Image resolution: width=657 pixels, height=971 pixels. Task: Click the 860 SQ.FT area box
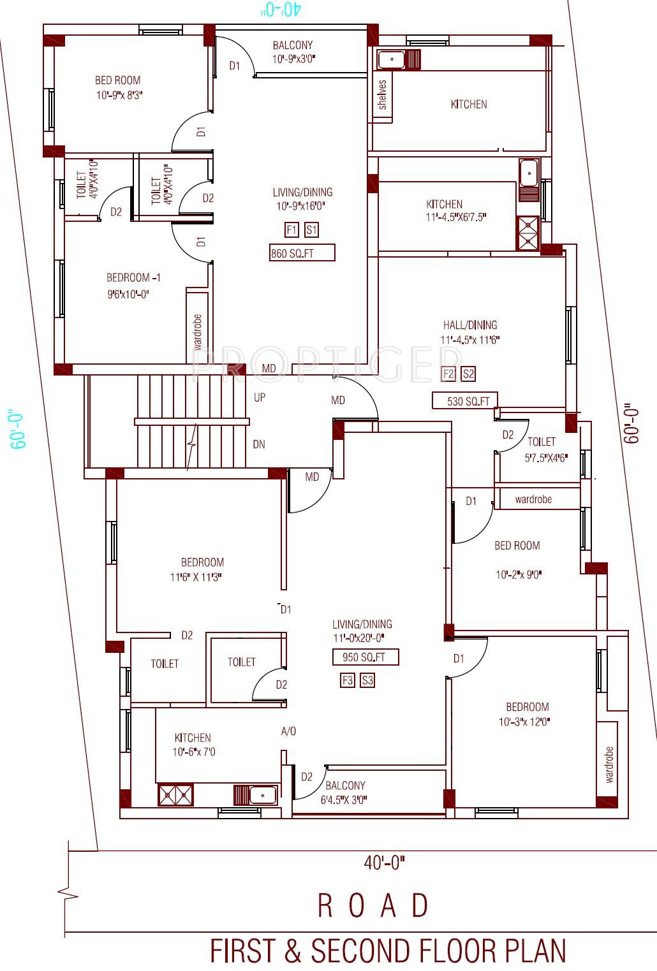[x=302, y=252]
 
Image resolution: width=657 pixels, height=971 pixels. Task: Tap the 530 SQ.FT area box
[x=465, y=400]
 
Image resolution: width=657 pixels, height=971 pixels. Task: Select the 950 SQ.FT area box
[x=365, y=657]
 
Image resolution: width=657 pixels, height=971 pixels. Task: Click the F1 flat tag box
[x=292, y=230]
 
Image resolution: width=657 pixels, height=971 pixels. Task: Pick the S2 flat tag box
[x=468, y=374]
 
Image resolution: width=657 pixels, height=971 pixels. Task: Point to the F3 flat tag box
[x=348, y=680]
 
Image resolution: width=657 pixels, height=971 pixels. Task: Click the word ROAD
[x=373, y=905]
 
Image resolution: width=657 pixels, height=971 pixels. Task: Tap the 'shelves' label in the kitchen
[x=382, y=94]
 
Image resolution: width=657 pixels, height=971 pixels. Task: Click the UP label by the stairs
[x=260, y=397]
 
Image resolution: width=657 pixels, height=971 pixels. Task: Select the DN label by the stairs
[x=259, y=444]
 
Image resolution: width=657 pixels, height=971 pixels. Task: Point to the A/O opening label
[x=288, y=731]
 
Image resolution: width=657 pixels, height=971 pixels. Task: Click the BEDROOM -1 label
[x=133, y=277]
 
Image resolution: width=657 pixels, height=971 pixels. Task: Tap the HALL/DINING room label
[x=470, y=325]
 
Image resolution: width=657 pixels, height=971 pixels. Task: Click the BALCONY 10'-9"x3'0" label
[x=293, y=52]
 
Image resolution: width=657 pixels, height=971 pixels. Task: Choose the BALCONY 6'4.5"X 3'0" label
[x=344, y=792]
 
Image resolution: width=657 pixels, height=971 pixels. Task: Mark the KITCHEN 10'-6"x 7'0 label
[x=193, y=745]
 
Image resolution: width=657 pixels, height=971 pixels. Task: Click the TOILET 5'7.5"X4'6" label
[x=546, y=449]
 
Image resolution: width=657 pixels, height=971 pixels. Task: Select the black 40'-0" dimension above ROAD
[x=384, y=863]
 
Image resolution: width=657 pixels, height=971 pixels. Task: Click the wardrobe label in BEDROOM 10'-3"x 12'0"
[x=609, y=764]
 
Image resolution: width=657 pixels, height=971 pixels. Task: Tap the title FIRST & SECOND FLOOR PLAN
[x=388, y=951]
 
